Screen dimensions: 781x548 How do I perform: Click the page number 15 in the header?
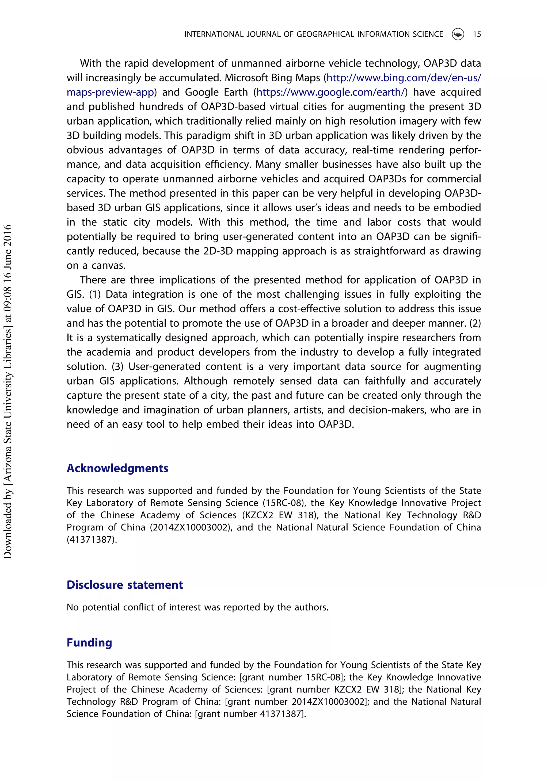click(x=477, y=34)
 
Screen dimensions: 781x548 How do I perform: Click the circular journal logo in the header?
click(x=458, y=34)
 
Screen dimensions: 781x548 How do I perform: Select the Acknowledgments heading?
click(x=117, y=468)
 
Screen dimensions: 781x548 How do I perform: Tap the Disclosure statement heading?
click(x=125, y=585)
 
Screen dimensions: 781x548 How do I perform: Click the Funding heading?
click(x=89, y=642)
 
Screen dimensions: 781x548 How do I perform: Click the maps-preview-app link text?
click(x=110, y=92)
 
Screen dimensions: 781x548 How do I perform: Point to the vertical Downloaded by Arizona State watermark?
click(x=7, y=391)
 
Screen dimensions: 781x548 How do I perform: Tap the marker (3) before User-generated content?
click(x=117, y=366)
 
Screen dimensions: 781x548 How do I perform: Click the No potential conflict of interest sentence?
click(x=197, y=607)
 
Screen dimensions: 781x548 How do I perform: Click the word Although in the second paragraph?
click(x=205, y=381)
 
